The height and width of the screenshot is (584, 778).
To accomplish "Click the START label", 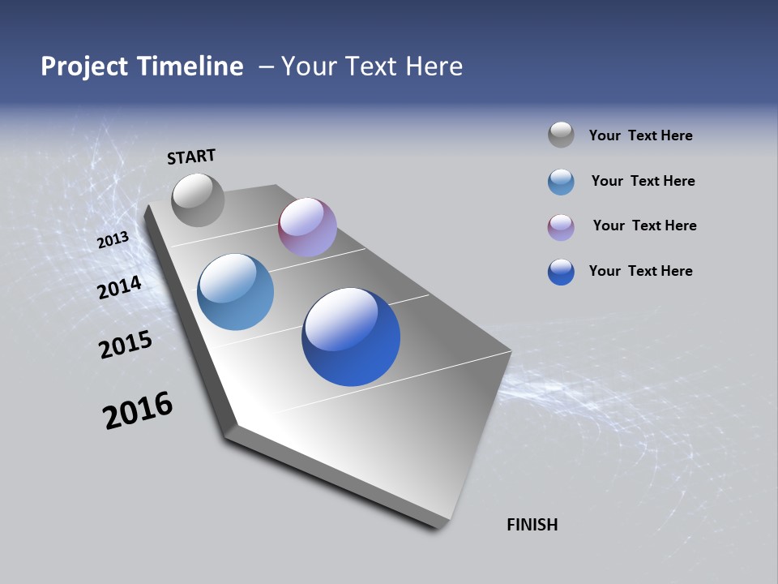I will point(191,157).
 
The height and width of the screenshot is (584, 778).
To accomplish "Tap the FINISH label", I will point(532,525).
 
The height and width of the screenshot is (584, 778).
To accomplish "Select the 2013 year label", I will point(113,240).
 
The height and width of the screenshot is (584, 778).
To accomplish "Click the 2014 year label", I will point(120,287).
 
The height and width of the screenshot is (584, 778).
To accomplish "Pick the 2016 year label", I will point(138,410).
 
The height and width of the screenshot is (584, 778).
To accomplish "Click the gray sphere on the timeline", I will point(198,200).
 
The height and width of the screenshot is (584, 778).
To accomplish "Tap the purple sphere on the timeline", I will point(307,227).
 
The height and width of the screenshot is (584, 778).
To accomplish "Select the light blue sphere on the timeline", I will point(235,292).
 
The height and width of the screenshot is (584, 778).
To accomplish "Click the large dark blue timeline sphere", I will point(351,337).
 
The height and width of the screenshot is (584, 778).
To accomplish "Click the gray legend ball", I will point(561,135).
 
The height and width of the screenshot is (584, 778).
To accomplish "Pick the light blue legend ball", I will point(561,182).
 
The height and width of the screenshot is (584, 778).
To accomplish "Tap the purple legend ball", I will point(561,227).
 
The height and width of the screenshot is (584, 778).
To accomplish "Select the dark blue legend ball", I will point(561,272).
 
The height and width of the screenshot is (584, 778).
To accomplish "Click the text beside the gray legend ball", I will point(640,135).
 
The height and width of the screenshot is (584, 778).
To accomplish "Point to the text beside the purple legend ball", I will point(644,225).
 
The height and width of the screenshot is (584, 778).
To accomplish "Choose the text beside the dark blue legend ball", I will point(640,271).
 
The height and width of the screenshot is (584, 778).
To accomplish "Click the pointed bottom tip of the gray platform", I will point(438,526).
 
